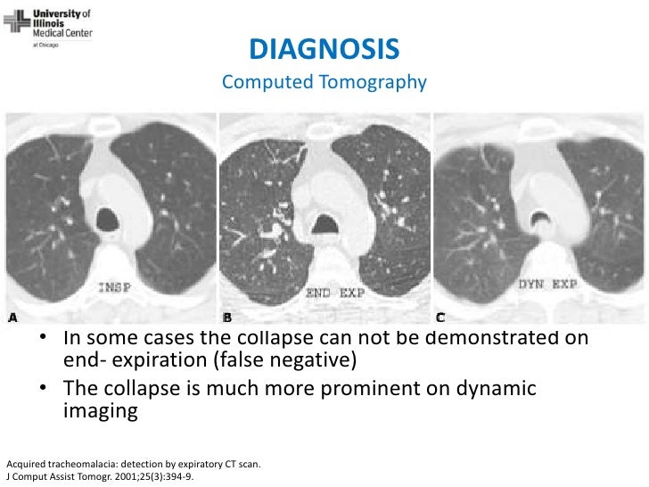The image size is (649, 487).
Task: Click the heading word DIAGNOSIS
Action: point(324,47)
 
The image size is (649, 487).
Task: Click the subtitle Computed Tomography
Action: point(324,83)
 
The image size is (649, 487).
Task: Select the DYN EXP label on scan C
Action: point(547,285)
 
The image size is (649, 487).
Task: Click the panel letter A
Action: point(12,318)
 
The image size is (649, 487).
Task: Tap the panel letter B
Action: point(226,318)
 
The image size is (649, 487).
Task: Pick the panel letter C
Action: point(440,318)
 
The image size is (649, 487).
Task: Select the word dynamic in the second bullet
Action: point(492,390)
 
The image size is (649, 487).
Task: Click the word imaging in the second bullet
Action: point(101,413)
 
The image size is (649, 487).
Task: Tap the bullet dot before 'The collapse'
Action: point(43,391)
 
